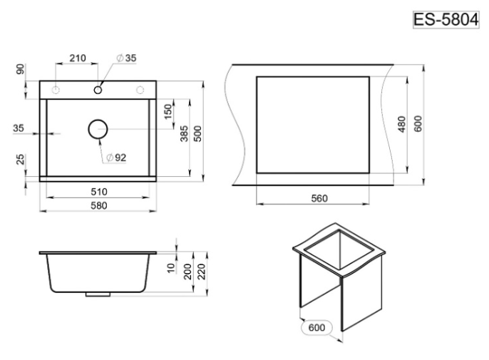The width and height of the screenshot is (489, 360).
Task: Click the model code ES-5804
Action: click(x=446, y=20)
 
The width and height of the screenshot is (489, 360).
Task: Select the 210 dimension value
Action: click(x=77, y=58)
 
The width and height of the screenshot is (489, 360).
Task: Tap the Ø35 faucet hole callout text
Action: click(x=126, y=58)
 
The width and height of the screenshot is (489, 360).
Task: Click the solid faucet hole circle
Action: click(x=98, y=90)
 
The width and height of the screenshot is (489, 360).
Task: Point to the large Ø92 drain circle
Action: click(x=98, y=120)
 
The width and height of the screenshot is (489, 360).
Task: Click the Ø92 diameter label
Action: click(x=116, y=158)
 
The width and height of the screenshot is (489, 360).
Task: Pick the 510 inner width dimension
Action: click(x=99, y=192)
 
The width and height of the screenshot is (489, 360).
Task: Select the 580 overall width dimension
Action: click(x=99, y=205)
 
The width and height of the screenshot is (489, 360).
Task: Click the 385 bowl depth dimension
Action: click(x=184, y=133)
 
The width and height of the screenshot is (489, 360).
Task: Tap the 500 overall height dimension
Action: click(x=197, y=133)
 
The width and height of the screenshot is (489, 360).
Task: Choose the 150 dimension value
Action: click(x=168, y=112)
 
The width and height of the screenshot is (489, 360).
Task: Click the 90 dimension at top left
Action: click(x=20, y=69)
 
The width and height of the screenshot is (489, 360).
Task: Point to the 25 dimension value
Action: click(x=20, y=159)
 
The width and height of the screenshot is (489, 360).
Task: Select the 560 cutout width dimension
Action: click(x=319, y=198)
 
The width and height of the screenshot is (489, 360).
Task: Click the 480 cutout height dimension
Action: click(x=402, y=124)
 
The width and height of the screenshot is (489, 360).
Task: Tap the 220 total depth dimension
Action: click(x=202, y=272)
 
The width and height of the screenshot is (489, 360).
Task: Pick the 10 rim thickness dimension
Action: click(x=171, y=268)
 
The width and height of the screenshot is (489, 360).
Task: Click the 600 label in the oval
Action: click(x=316, y=327)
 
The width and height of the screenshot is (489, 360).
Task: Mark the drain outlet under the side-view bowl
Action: click(x=98, y=294)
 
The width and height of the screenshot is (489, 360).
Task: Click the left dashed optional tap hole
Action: click(x=56, y=90)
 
